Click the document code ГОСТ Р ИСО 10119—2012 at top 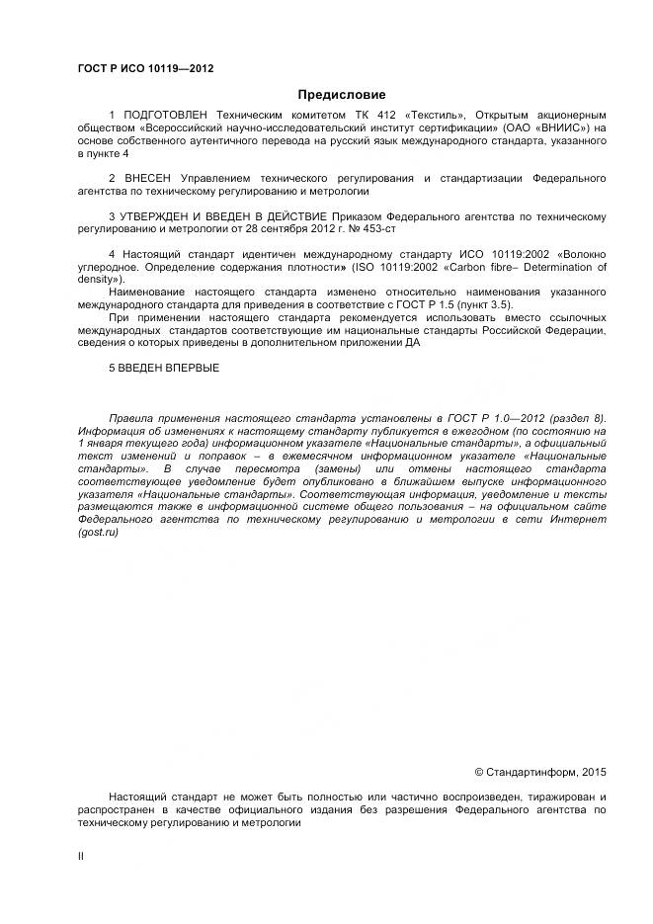coord(145,68)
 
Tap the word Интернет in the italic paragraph coord(580,519)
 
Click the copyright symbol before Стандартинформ coord(480,772)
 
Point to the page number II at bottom coord(80,857)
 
